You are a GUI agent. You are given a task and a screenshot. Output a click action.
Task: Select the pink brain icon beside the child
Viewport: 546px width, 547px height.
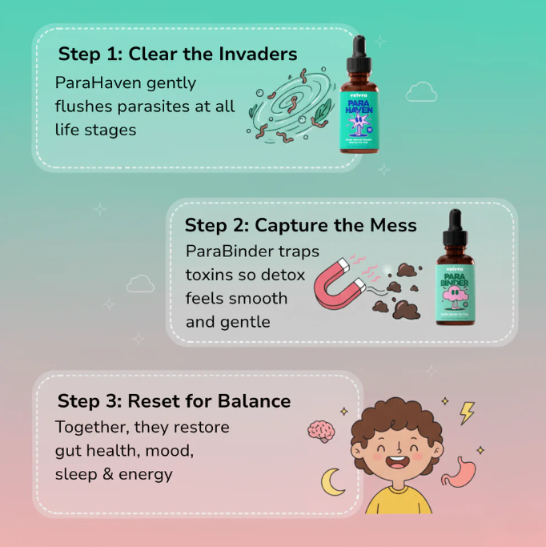321,431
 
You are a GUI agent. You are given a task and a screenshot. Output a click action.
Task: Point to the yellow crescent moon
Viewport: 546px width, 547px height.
332,482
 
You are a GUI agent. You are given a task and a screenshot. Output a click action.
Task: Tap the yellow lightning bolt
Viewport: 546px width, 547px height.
467,412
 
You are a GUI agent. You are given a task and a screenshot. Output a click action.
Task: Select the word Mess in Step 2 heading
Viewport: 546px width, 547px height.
390,225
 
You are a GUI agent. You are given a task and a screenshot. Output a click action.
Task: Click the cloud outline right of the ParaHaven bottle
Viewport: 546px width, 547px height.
421,92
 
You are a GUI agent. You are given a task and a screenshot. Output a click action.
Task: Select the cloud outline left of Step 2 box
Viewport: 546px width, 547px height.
140,283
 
